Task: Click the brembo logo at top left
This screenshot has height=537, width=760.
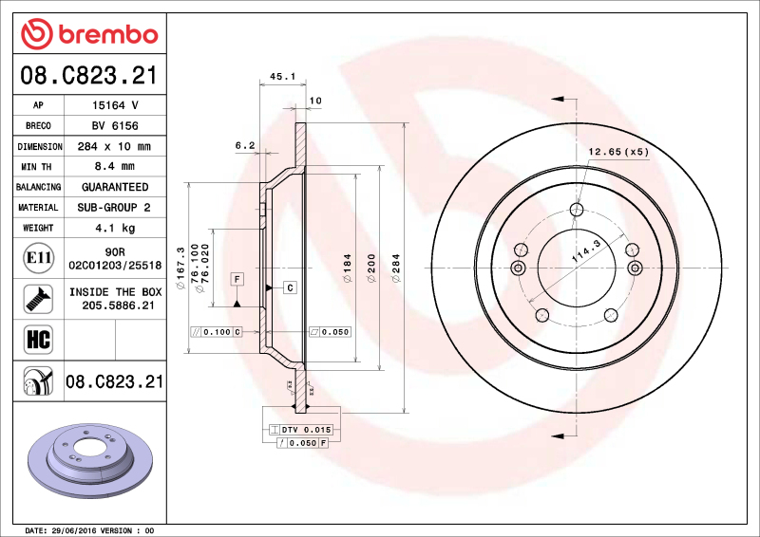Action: (88, 34)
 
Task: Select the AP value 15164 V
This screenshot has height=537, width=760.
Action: (115, 105)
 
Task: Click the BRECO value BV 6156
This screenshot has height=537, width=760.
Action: (115, 126)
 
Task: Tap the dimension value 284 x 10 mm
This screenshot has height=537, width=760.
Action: (115, 147)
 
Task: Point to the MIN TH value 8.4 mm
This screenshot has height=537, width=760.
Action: (115, 167)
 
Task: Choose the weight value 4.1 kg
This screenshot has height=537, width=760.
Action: (115, 228)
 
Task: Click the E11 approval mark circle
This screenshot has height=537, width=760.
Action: (36, 257)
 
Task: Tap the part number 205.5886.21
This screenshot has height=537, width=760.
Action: (115, 306)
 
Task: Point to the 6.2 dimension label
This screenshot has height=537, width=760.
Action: (245, 145)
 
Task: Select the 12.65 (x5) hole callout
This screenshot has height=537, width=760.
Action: (617, 151)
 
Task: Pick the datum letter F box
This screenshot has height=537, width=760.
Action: (236, 279)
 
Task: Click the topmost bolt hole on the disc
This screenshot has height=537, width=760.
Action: (577, 210)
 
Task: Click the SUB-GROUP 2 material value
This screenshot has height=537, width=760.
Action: (115, 207)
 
